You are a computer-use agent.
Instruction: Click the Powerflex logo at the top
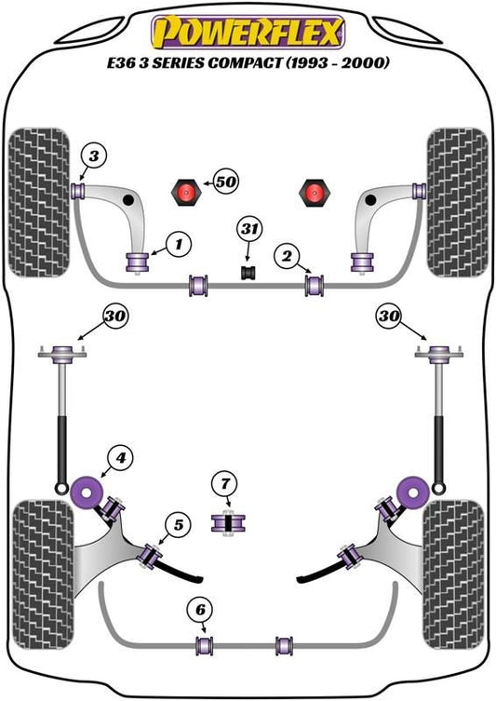(x=248, y=32)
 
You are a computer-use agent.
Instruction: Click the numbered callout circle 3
(x=94, y=156)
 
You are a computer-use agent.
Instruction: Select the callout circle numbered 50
(x=226, y=182)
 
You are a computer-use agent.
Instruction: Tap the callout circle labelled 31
(x=249, y=229)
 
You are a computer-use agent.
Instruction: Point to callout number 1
(x=179, y=245)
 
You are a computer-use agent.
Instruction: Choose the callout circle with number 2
(x=287, y=256)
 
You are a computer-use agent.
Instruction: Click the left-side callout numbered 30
(x=115, y=317)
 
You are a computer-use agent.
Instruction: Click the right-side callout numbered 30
(x=389, y=317)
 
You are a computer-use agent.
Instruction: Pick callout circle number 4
(x=120, y=458)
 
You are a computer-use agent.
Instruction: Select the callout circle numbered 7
(x=225, y=484)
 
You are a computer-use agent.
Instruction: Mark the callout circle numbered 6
(x=201, y=610)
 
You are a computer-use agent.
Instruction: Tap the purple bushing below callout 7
(x=228, y=522)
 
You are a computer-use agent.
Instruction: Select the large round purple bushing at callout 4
(x=87, y=492)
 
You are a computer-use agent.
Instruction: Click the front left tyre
(x=39, y=203)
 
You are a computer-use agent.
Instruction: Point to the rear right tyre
(x=453, y=574)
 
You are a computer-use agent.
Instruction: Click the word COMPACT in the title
(x=245, y=62)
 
